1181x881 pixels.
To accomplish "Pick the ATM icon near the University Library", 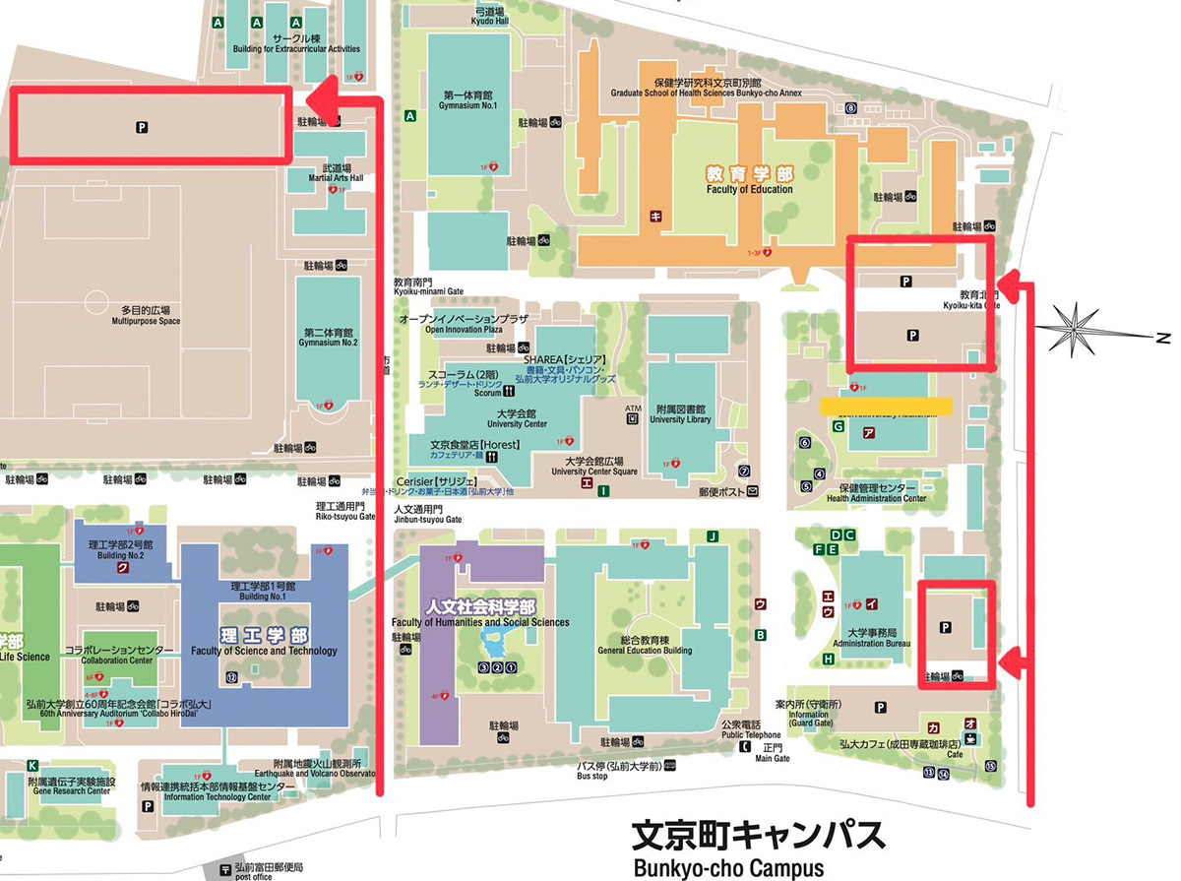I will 632,413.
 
